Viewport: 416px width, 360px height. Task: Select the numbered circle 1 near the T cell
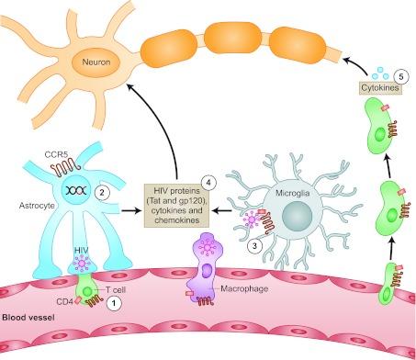112,309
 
